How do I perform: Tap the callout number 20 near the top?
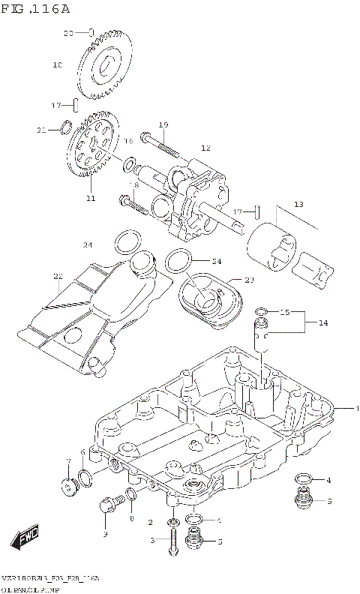tap(67, 33)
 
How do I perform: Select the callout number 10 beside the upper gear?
tap(57, 65)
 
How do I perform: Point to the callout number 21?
tap(42, 130)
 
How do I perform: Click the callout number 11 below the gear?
tap(91, 199)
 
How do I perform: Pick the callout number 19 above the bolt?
tap(163, 124)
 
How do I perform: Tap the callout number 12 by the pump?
tap(205, 148)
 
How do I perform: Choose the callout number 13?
tap(298, 204)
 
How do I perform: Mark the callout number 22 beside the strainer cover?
tap(58, 276)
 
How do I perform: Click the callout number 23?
tap(249, 280)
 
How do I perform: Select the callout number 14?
tap(323, 323)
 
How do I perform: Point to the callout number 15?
tap(285, 312)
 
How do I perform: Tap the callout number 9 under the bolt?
tap(105, 534)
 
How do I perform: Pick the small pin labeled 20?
tap(90, 32)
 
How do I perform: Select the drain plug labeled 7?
tap(70, 488)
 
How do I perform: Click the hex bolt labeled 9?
tap(107, 506)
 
